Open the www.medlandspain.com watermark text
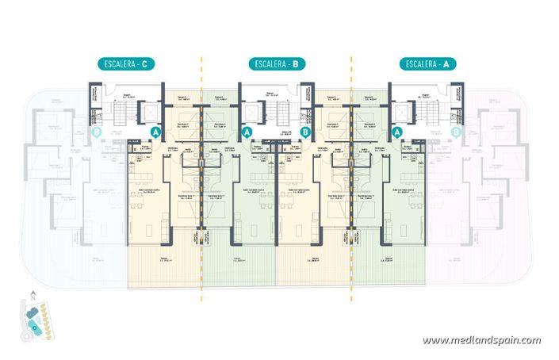[481, 341]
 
